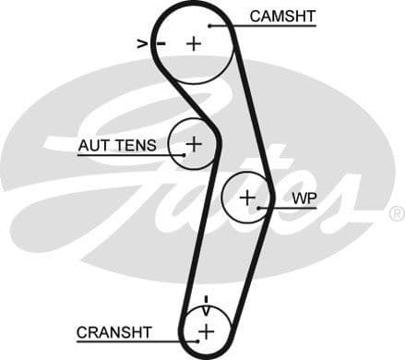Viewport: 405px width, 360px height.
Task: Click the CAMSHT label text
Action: [x=282, y=16]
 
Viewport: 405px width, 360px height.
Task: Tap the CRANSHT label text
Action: [x=114, y=331]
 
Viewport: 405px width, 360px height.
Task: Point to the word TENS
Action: [x=137, y=146]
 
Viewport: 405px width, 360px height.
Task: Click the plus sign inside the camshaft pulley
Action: [x=194, y=42]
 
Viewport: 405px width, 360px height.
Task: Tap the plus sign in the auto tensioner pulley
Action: [x=194, y=144]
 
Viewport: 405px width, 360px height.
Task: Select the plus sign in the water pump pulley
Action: [x=246, y=198]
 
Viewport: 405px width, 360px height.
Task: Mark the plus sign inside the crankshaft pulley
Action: [x=206, y=330]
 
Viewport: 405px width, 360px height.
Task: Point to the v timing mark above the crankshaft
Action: [x=206, y=300]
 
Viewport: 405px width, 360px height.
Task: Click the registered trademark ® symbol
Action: [x=397, y=213]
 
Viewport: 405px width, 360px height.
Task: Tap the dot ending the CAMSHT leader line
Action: [x=210, y=26]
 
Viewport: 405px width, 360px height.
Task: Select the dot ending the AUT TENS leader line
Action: [x=183, y=154]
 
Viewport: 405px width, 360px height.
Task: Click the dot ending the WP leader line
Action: [x=261, y=209]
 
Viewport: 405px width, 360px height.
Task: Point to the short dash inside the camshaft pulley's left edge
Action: [x=161, y=43]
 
